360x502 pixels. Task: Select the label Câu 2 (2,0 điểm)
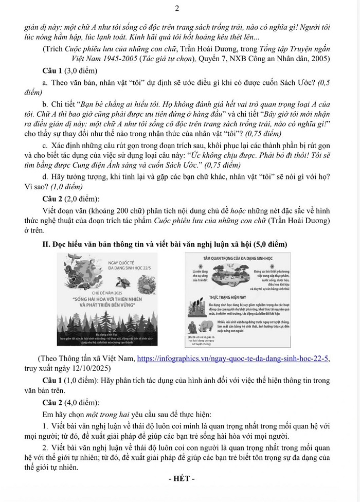pyautogui.click(x=75, y=198)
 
